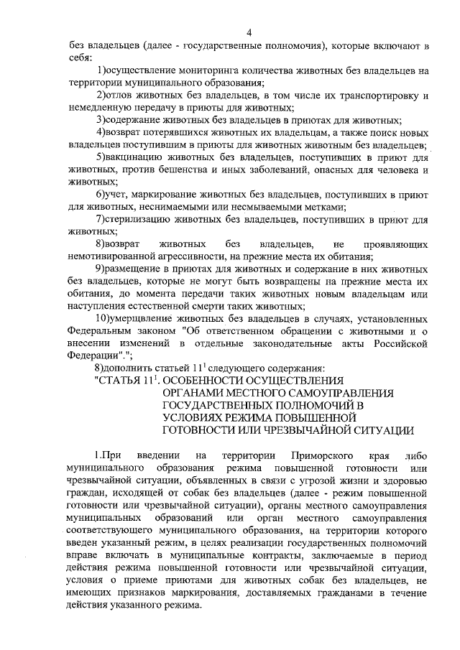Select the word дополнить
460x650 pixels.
click(x=132, y=368)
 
